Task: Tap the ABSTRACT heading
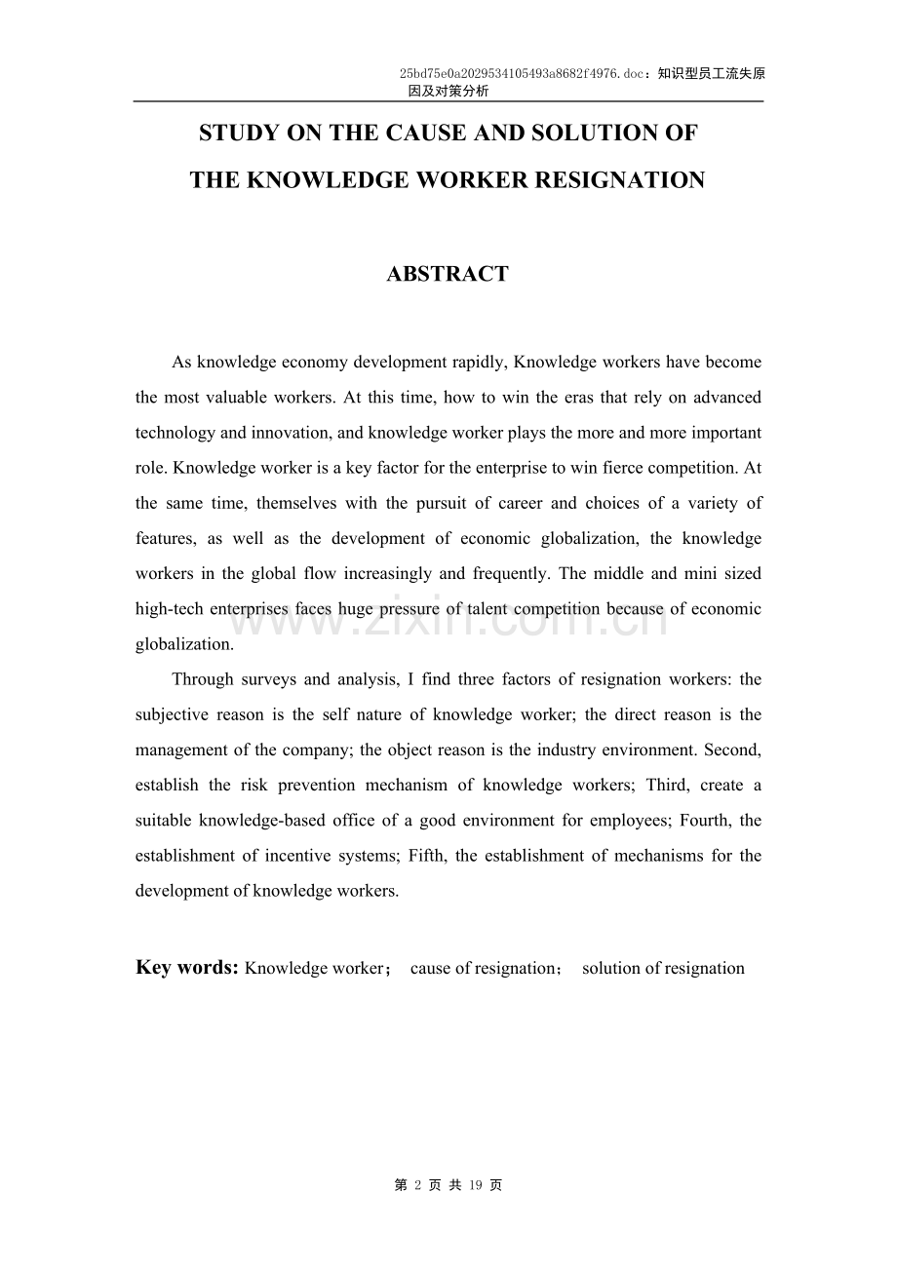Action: (x=448, y=275)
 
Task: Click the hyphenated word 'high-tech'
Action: (x=170, y=609)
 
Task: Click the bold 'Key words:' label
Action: (x=187, y=968)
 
